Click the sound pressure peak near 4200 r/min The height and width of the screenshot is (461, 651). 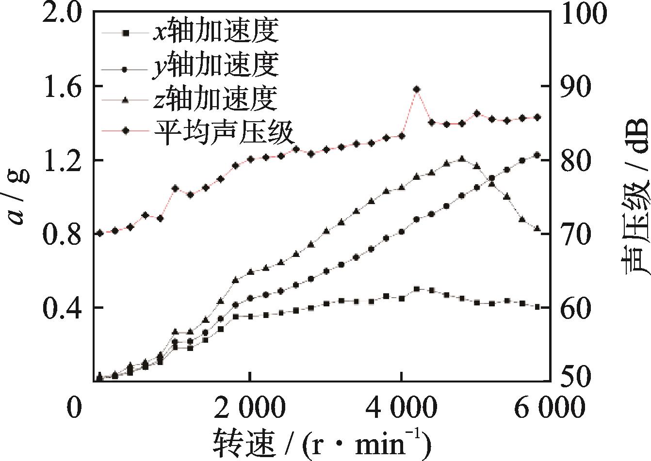(416, 89)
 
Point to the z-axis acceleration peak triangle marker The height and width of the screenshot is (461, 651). (461, 159)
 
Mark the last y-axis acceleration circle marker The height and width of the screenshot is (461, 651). (537, 155)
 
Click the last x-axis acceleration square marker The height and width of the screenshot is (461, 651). (537, 307)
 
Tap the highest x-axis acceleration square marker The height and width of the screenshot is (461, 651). (416, 289)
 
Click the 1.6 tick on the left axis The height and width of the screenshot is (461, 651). (60, 86)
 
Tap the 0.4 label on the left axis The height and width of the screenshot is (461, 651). (60, 307)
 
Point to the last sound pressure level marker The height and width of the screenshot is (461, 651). (537, 117)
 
